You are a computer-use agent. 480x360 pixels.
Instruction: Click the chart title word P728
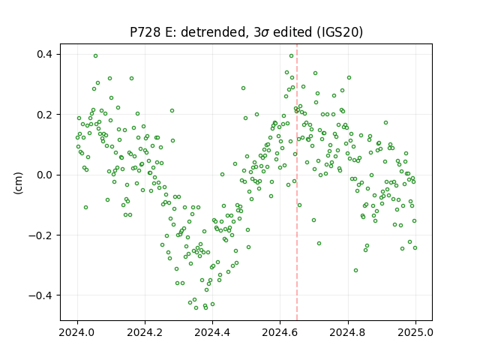pos(145,32)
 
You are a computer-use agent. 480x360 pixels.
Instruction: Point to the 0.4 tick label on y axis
pos(44,55)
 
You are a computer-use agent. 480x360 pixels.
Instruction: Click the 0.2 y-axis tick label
pos(44,115)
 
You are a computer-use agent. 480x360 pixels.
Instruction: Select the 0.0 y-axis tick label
pos(44,175)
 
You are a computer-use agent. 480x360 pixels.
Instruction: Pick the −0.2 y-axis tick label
pos(40,235)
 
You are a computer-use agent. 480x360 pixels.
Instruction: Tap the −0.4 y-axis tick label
pos(40,295)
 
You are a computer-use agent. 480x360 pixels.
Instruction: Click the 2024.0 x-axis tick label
pos(77,332)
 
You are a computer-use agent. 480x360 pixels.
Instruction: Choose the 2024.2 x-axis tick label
pos(145,332)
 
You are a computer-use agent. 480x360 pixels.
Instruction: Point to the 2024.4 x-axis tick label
pos(212,332)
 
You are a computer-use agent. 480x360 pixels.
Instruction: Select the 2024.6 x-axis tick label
pos(280,332)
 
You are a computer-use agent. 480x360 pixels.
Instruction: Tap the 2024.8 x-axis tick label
pos(348,332)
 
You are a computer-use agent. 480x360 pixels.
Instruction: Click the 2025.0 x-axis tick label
pos(415,332)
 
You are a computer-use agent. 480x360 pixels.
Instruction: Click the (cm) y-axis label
pos(18,183)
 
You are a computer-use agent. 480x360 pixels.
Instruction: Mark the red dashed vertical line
pos(297,182)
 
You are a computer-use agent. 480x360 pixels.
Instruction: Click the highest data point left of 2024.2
pos(95,56)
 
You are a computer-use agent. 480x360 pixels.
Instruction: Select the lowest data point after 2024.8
pos(355,270)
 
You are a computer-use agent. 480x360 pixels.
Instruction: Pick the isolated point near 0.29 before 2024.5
pos(243,88)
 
